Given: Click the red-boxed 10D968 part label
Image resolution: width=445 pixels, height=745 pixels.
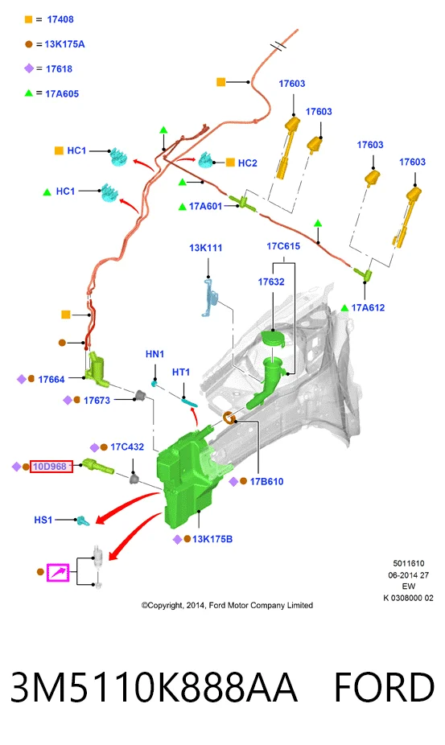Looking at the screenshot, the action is click(x=52, y=467).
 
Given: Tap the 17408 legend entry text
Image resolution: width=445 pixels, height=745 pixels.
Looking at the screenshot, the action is click(x=60, y=19).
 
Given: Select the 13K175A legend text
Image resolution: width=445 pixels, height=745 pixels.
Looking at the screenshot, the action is click(x=64, y=44).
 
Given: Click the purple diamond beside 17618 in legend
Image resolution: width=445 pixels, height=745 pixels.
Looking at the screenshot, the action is click(x=29, y=68).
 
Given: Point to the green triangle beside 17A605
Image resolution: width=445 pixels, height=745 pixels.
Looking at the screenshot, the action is click(x=29, y=93).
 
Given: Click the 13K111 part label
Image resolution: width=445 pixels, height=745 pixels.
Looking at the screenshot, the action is click(x=205, y=248).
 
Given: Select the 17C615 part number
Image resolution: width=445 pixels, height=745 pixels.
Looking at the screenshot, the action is click(x=283, y=246).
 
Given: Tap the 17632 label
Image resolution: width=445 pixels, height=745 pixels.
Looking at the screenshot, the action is click(x=271, y=282).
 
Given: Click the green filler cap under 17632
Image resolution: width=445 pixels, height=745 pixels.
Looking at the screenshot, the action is click(x=273, y=338).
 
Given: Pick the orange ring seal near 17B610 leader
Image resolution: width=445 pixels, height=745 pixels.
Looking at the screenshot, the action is click(x=229, y=418).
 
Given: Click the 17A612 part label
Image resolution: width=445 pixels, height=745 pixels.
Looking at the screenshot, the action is click(x=368, y=308).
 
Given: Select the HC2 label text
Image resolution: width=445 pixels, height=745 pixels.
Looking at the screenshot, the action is click(x=247, y=163).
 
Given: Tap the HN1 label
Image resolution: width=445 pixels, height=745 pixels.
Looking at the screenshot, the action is click(x=155, y=354).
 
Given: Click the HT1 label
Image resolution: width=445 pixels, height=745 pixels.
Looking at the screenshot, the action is click(x=181, y=372).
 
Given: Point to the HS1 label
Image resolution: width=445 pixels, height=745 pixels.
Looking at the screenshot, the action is click(x=43, y=520).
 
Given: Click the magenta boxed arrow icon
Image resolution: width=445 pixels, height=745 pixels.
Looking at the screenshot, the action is click(x=58, y=573).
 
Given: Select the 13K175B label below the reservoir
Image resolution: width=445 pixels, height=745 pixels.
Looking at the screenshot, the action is click(x=212, y=539).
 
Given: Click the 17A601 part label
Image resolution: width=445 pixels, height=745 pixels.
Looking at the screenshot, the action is click(x=205, y=206).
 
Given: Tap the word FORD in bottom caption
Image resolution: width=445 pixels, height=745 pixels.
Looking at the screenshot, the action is click(x=384, y=687).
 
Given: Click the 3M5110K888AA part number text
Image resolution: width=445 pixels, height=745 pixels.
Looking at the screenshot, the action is click(x=154, y=687).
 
